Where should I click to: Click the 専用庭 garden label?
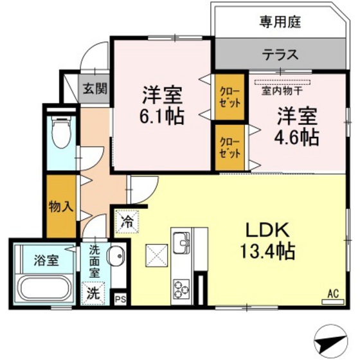[280, 22]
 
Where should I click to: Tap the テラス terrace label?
[280, 55]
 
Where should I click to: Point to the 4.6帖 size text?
[298, 136]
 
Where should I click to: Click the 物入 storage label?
[60, 207]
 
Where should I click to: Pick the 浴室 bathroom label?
[45, 261]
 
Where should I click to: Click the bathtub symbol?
[45, 288]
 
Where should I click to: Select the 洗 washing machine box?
[94, 294]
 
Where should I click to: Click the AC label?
[333, 293]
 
